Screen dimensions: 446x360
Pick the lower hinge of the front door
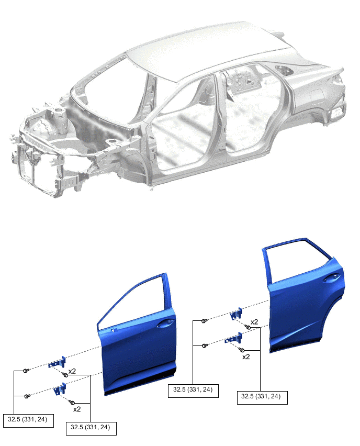point(59,389)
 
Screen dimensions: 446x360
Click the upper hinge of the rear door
point(237,313)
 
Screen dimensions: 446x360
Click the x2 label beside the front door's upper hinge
point(72,371)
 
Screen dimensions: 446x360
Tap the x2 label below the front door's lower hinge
point(77,409)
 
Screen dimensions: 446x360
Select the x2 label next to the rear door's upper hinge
point(254,322)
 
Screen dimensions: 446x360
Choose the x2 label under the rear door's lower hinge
point(245,356)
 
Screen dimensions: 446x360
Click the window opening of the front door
point(136,304)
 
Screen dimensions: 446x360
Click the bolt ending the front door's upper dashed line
point(26,371)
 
